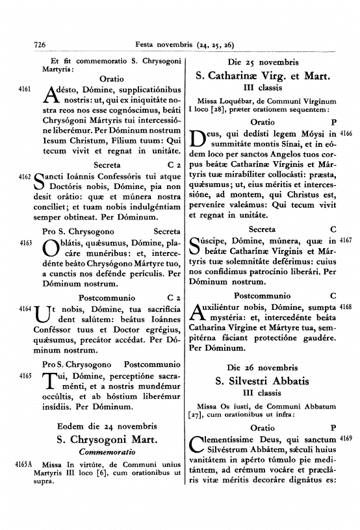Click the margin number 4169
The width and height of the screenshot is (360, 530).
345,439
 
